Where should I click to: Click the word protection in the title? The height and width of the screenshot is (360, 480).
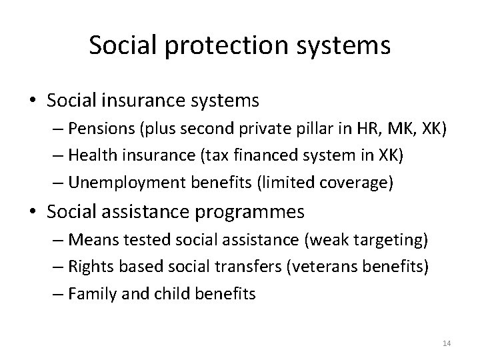[x=215, y=45]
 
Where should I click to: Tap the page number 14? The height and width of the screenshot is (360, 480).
[x=447, y=343]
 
